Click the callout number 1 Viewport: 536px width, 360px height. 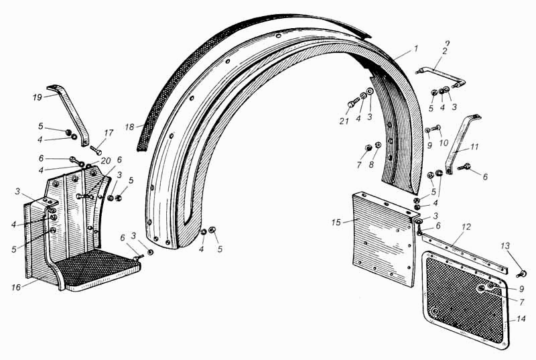[415, 49]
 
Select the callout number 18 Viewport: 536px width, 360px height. [129, 127]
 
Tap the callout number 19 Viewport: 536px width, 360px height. [38, 97]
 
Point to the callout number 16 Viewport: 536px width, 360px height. [16, 287]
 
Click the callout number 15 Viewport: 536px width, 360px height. [336, 222]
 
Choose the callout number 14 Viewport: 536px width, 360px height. [521, 318]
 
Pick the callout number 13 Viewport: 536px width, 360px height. [505, 246]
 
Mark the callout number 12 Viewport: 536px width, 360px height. [466, 227]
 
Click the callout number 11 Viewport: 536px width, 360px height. [474, 147]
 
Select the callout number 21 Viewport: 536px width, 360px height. [344, 121]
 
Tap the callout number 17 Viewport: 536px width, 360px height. [109, 133]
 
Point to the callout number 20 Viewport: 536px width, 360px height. [106, 161]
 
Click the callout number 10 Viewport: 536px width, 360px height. [444, 143]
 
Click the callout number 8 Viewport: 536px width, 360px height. [372, 164]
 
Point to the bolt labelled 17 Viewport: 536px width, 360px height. [96, 149]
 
